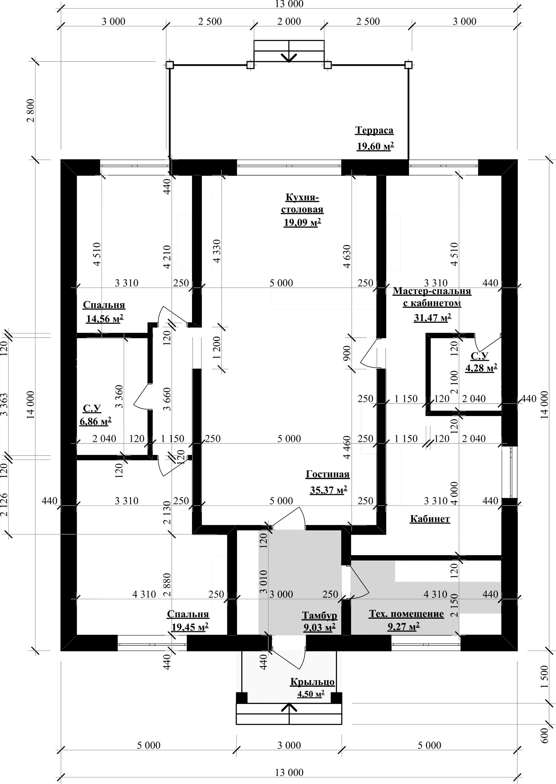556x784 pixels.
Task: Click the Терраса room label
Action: coord(374,130)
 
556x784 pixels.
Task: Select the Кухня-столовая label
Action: coord(302,204)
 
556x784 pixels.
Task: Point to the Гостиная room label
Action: coord(328,475)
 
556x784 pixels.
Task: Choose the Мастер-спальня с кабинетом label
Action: coord(432,297)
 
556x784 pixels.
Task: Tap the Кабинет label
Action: coord(430,519)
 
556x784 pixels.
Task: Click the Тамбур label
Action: coord(319,615)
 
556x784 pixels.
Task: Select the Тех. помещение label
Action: coord(406,614)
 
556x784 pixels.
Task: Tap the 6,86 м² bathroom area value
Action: coord(95,421)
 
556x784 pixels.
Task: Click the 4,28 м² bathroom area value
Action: coord(481,368)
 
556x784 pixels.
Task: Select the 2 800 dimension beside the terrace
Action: coord(30,110)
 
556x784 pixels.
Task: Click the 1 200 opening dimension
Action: coord(217,348)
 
